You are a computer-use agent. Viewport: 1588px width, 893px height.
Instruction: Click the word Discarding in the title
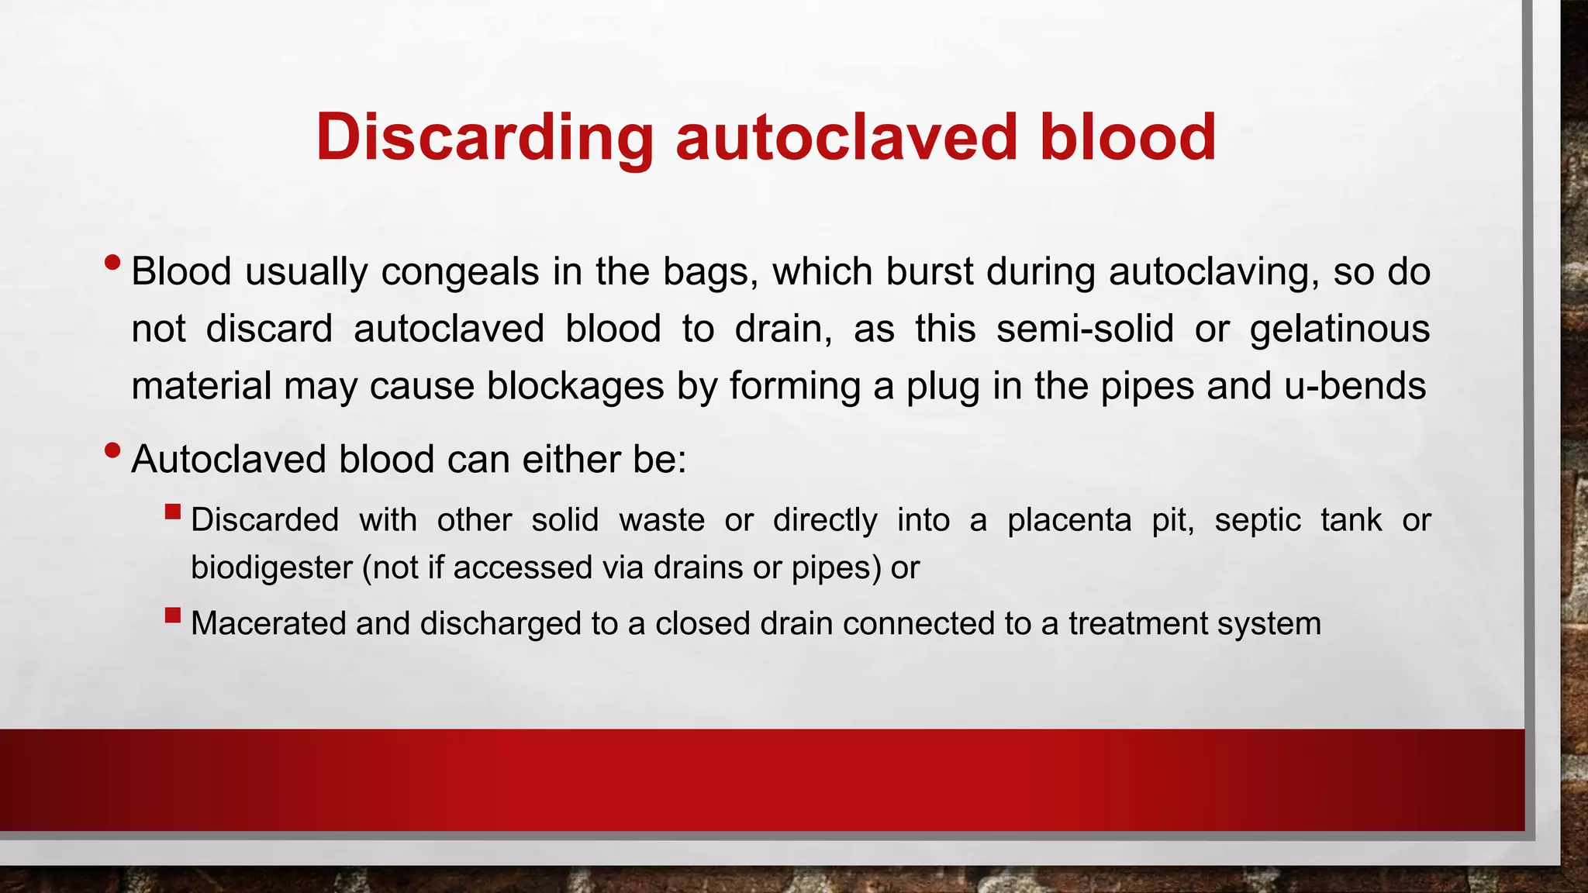click(485, 138)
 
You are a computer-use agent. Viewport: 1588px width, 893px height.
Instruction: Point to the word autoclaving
click(1213, 272)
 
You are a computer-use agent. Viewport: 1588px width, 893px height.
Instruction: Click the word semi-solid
click(1085, 329)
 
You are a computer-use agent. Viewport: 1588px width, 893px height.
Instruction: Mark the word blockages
click(575, 386)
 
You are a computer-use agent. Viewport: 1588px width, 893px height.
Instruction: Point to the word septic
click(1257, 520)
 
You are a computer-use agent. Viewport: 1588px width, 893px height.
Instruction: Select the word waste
click(661, 520)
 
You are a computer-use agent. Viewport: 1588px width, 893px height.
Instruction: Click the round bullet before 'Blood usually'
click(112, 263)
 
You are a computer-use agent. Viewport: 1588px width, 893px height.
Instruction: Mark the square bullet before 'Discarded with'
click(173, 512)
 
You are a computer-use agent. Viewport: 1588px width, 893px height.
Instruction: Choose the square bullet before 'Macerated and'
click(173, 615)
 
